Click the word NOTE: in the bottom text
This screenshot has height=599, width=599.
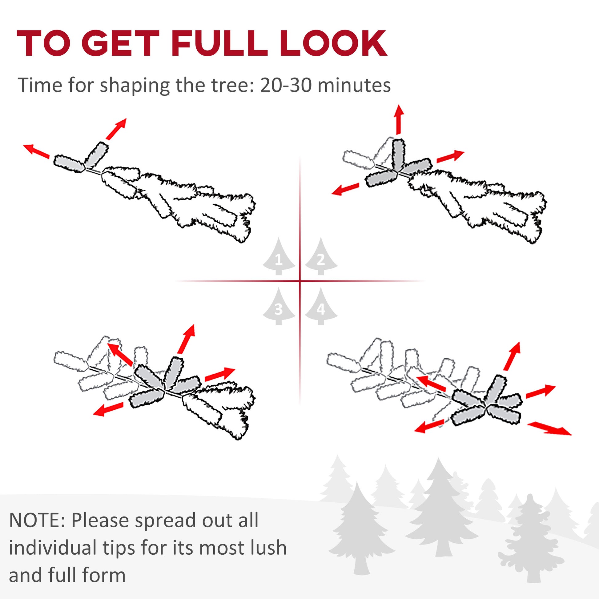(37, 521)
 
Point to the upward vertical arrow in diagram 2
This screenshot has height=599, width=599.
(399, 120)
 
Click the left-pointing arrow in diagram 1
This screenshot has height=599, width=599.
(37, 151)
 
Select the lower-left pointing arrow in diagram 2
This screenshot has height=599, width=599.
(345, 189)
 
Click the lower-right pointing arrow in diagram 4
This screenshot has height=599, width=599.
(549, 429)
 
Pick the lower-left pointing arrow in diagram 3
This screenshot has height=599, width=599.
(109, 409)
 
